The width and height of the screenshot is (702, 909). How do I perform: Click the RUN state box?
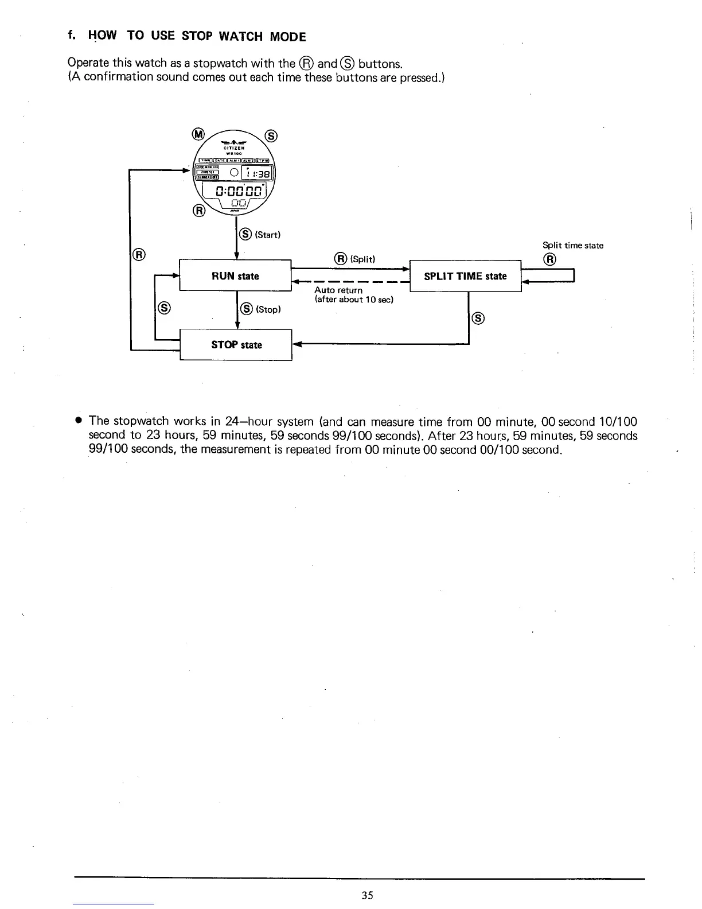pyautogui.click(x=236, y=276)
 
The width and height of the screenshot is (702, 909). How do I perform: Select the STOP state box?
pyautogui.click(x=236, y=345)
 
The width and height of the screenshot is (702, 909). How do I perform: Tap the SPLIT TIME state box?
pyautogui.click(x=465, y=276)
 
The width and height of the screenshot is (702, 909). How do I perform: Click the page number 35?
pyautogui.click(x=368, y=895)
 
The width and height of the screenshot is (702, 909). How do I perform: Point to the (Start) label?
pyautogui.click(x=267, y=235)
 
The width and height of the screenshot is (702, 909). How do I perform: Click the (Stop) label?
pyautogui.click(x=268, y=309)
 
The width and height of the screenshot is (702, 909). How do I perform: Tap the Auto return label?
pyautogui.click(x=338, y=290)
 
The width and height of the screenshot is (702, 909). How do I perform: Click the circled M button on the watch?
pyautogui.click(x=198, y=134)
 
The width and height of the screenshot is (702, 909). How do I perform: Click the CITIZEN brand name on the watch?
pyautogui.click(x=235, y=149)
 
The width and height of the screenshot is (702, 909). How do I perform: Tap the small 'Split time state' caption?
pyautogui.click(x=572, y=246)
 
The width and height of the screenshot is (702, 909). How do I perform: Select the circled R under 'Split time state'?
pyautogui.click(x=549, y=259)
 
